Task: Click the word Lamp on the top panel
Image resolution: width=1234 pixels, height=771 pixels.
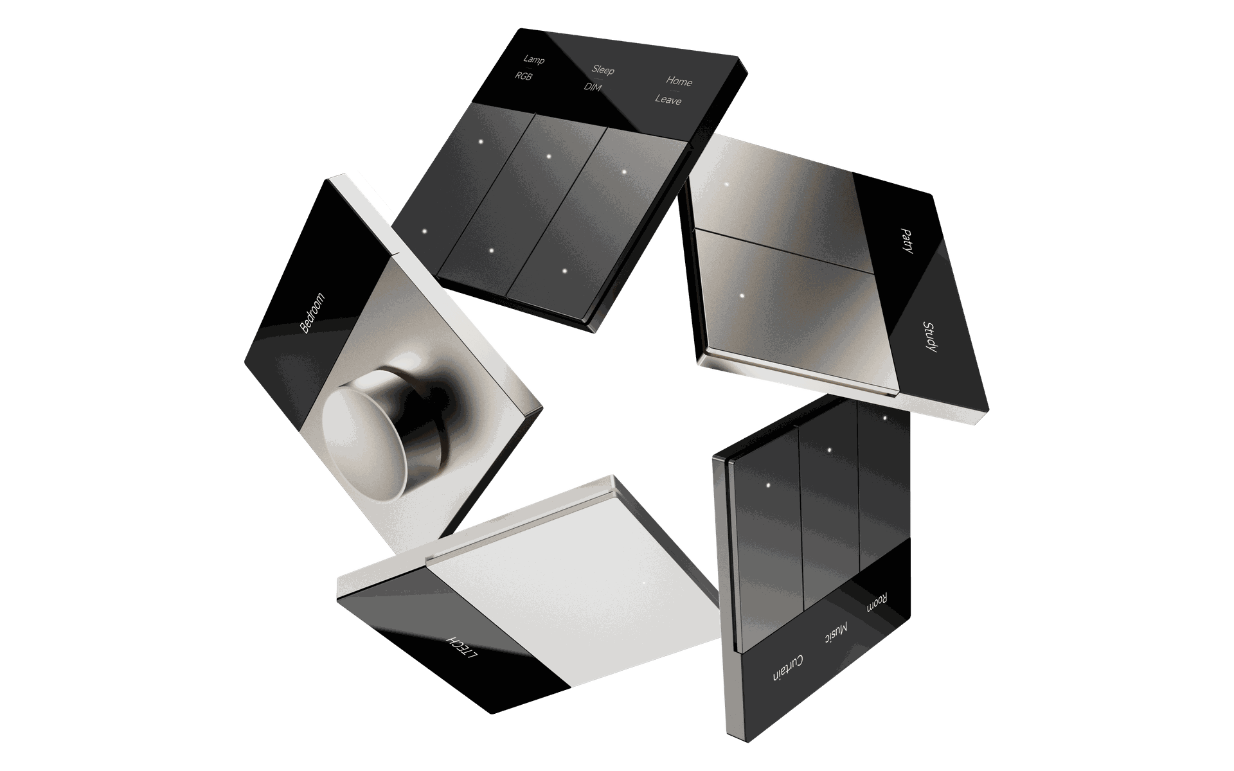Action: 533,60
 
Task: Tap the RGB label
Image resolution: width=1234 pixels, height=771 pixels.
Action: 524,76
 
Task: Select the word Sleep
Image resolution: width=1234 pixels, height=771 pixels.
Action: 603,69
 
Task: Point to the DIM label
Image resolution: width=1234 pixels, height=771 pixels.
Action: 593,87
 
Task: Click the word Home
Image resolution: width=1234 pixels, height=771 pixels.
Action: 679,81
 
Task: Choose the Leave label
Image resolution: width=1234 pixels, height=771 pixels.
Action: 668,100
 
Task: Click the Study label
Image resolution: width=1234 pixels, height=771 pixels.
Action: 929,336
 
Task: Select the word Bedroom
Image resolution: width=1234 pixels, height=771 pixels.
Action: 313,313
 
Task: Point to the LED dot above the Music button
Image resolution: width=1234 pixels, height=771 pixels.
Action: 829,450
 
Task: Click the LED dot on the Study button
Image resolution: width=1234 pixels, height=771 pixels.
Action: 742,296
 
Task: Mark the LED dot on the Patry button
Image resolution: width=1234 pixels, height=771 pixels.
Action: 727,184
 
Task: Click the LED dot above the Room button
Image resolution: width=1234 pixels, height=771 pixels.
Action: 885,418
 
